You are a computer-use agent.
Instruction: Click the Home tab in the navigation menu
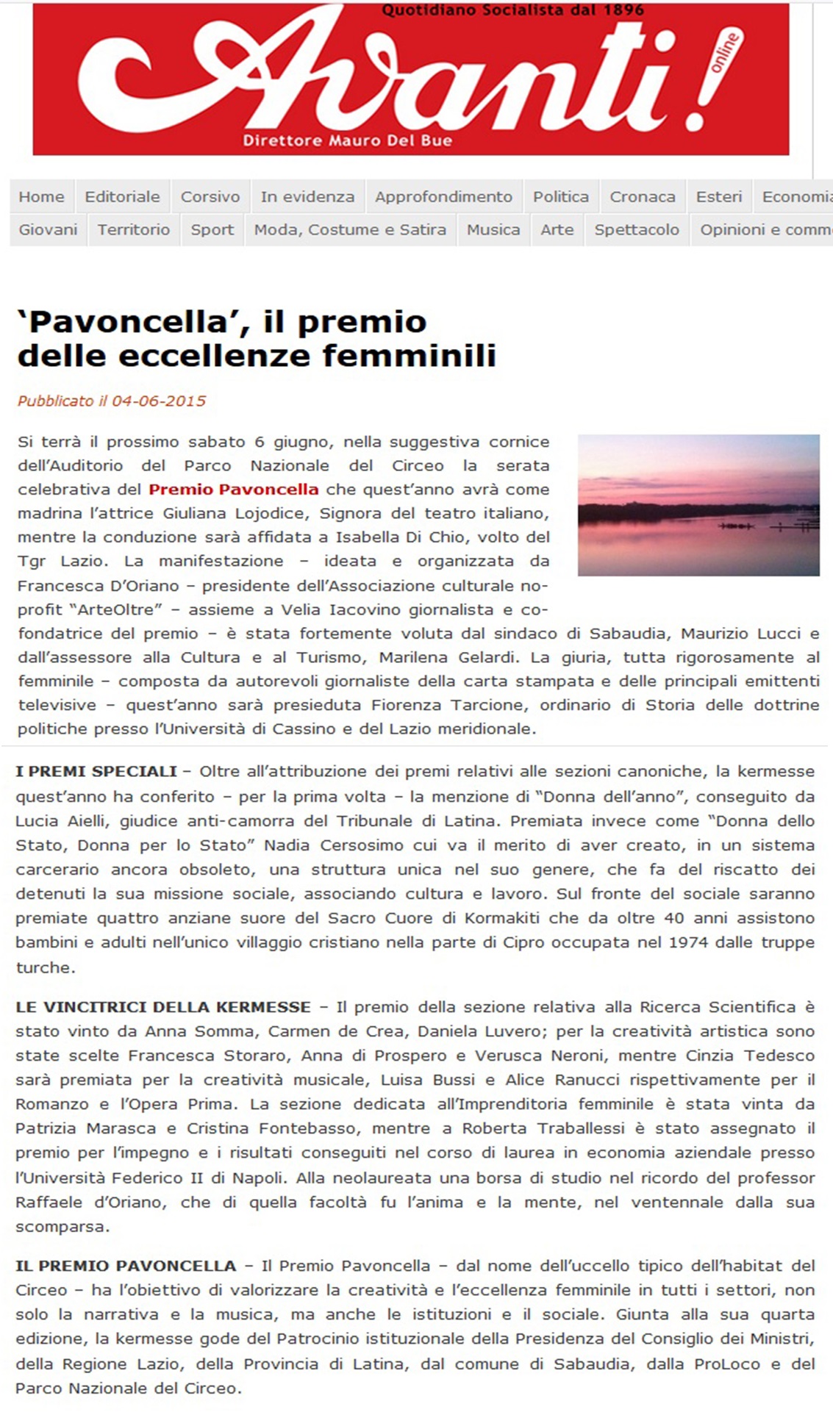41,197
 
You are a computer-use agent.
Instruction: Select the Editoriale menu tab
122,197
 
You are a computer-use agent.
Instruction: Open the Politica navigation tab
561,197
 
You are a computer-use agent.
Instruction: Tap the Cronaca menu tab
643,197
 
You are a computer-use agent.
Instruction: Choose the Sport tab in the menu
212,230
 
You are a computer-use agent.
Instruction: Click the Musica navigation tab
493,230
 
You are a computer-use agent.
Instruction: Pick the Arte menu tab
557,230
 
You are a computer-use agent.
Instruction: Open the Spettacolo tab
637,230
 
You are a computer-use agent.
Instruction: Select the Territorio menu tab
134,230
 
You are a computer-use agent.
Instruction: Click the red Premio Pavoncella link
234,490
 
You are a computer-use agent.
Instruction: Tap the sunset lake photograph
698,505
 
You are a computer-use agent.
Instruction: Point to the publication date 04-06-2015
159,401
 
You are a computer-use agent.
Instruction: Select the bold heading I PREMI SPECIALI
96,772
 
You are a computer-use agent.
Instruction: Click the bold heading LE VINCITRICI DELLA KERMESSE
163,1007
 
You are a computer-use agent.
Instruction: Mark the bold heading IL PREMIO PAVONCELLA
126,1266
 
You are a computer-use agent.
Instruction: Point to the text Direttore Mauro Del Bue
348,140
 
